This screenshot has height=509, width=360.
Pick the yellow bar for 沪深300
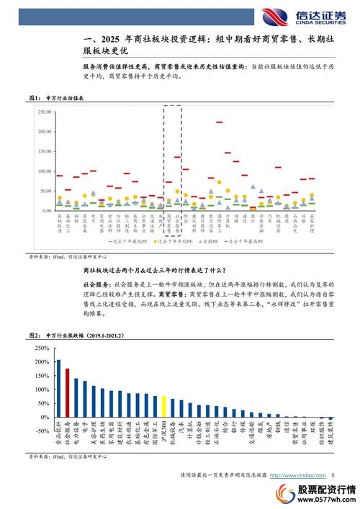coord(164,407)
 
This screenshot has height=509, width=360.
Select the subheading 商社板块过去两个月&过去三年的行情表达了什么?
coord(184,271)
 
